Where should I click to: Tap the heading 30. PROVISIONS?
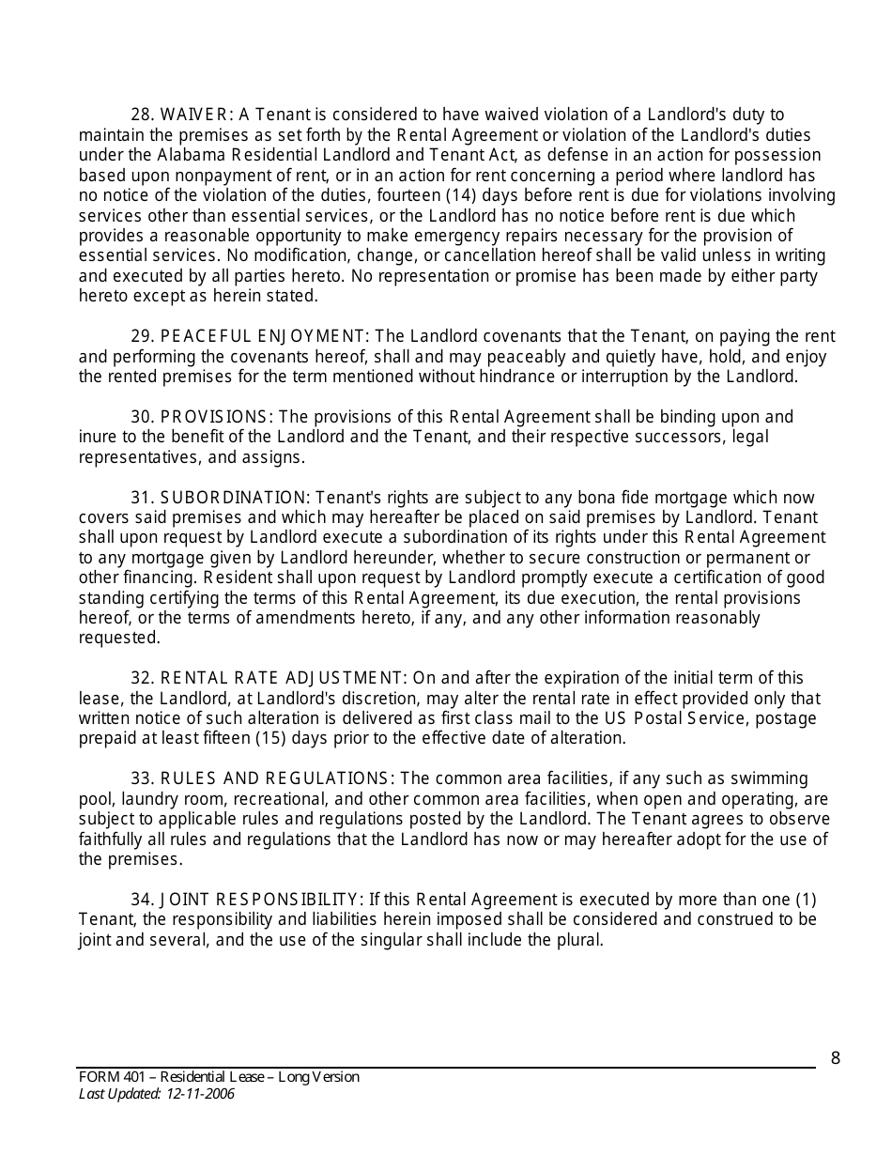click(x=201, y=417)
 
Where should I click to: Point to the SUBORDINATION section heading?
click(x=220, y=498)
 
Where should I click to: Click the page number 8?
click(x=835, y=1059)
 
